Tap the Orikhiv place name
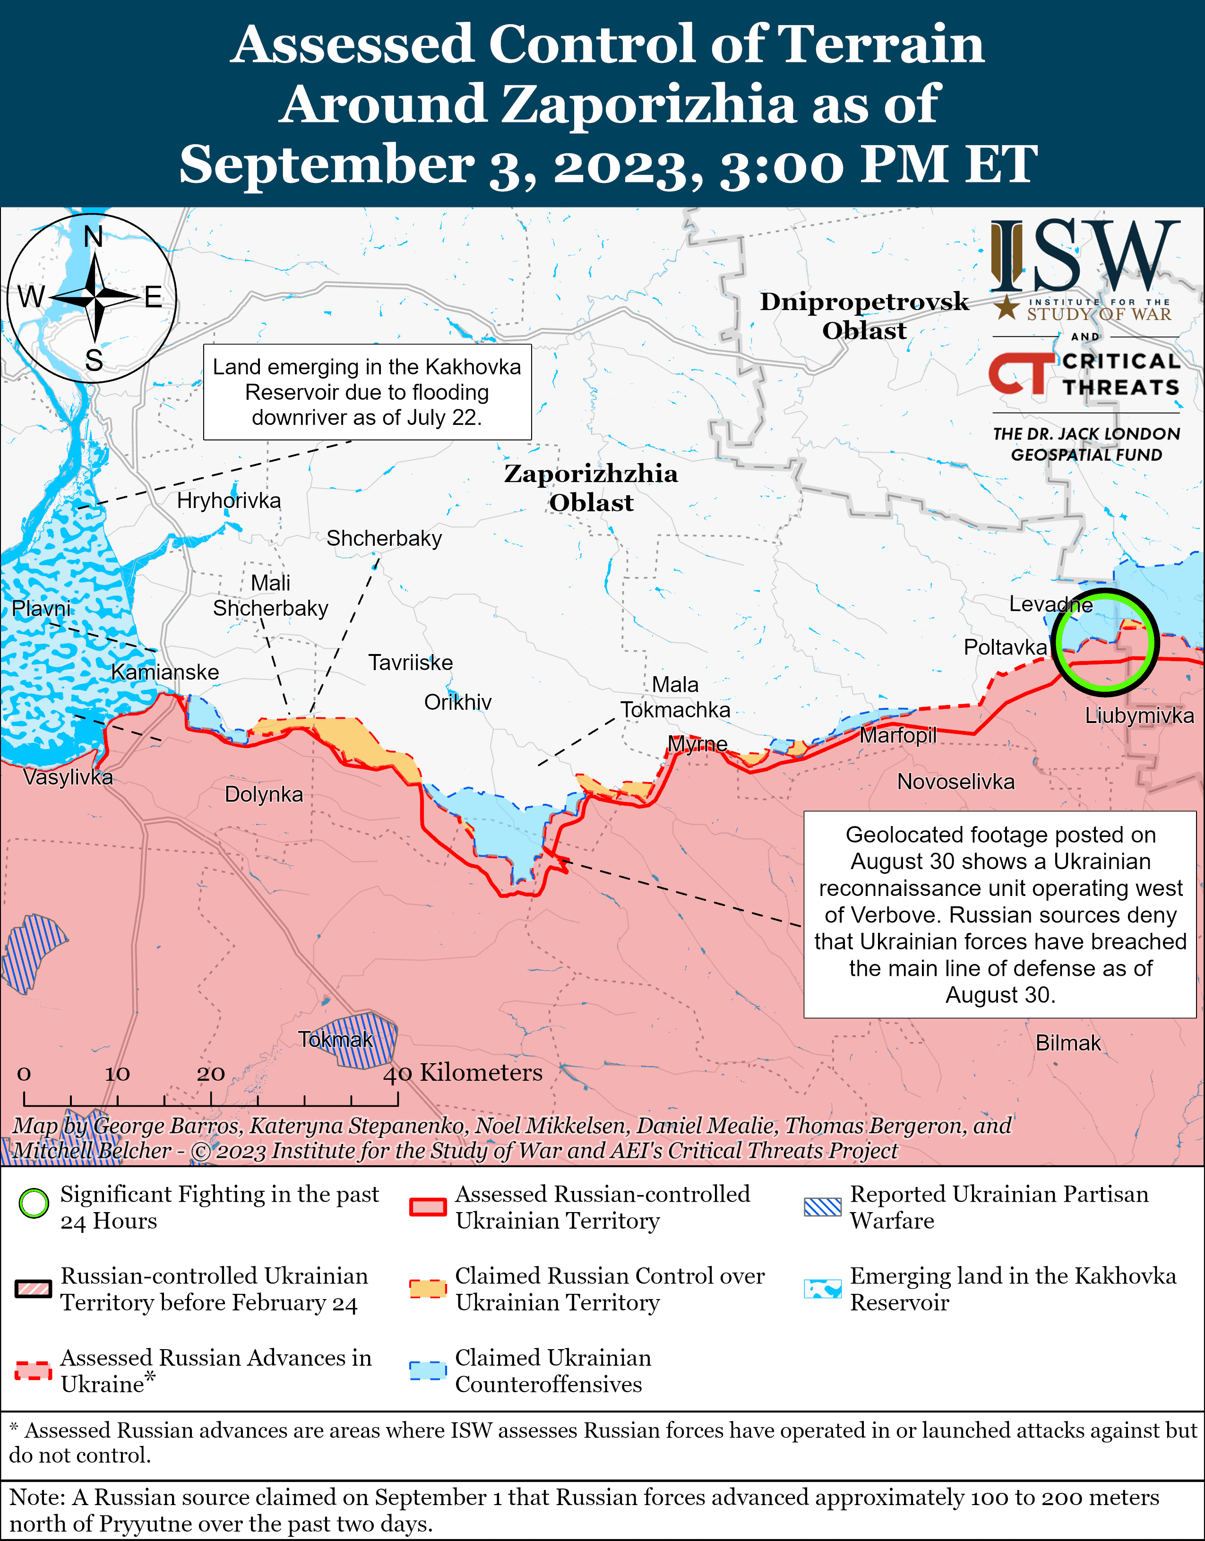click(457, 702)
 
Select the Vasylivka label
click(68, 777)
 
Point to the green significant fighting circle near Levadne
click(1104, 641)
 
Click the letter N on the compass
click(94, 237)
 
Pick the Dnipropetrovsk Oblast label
click(864, 315)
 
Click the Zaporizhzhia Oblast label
click(591, 488)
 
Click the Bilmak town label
click(1067, 1043)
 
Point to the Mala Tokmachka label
click(675, 697)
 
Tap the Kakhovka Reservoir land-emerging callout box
click(367, 392)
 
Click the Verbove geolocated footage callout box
click(1000, 914)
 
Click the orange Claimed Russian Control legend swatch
click(428, 1288)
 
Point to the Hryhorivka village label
click(229, 501)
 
